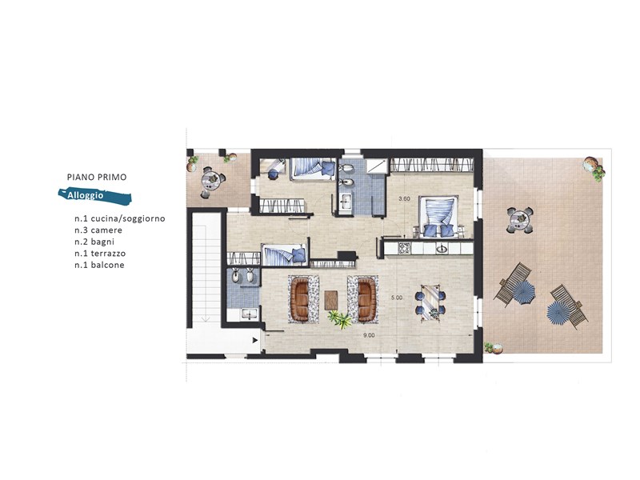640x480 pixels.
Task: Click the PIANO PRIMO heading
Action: tap(97, 177)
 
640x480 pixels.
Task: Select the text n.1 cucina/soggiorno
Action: tap(119, 218)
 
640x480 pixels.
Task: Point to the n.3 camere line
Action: tap(98, 230)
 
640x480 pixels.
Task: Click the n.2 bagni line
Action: tap(94, 242)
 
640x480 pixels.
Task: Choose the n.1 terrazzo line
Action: tap(100, 254)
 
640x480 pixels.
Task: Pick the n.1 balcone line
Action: tap(99, 266)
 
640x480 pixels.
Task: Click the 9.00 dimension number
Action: tap(369, 335)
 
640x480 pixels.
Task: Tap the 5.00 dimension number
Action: tap(397, 298)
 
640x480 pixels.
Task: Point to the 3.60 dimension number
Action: tap(404, 198)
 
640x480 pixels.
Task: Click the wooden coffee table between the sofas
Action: tap(331, 300)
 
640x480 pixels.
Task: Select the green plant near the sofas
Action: tap(340, 318)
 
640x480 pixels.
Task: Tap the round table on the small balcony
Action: tap(211, 178)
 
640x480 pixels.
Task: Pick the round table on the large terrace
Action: tap(520, 221)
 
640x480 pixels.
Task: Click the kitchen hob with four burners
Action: tap(405, 249)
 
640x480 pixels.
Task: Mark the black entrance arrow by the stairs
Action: tap(255, 339)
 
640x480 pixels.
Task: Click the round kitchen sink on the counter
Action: tap(442, 248)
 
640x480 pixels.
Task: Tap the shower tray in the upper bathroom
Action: tap(375, 166)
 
